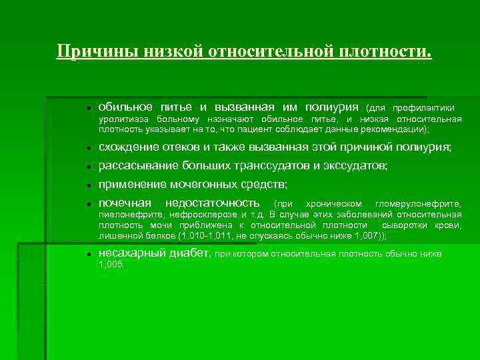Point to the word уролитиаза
[x=122, y=119]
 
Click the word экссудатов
[x=354, y=165]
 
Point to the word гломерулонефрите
[x=418, y=203]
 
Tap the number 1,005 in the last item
[x=111, y=265]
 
